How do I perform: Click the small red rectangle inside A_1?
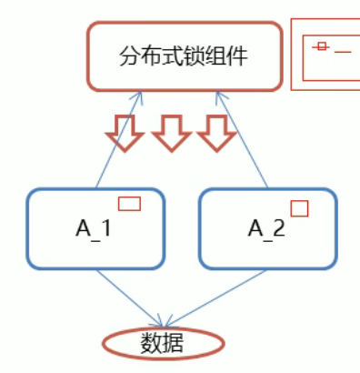[x=129, y=204]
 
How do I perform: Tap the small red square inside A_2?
[x=299, y=208]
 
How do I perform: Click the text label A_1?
[x=94, y=229]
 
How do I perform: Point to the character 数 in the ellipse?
[x=152, y=344]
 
